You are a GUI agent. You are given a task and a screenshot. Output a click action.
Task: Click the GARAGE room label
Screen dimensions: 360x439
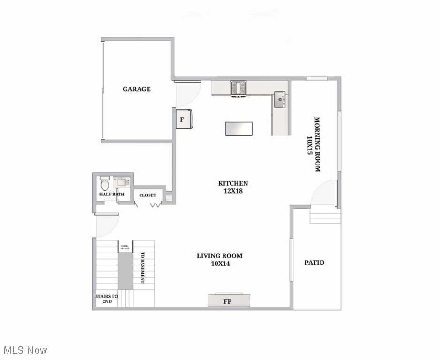[x=137, y=89]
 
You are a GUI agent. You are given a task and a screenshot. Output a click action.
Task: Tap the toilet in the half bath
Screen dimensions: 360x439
[x=104, y=181]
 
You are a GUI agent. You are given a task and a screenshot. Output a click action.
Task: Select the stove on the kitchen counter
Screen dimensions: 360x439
[x=238, y=88]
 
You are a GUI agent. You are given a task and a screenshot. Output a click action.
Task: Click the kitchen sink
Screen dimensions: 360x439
[x=280, y=99]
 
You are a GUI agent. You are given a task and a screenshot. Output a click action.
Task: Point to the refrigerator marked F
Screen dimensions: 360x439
[x=183, y=119]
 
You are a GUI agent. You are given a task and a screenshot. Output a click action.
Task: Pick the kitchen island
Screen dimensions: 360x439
[x=238, y=128]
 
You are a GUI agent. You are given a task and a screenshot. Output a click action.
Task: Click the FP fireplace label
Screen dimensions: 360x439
[x=229, y=301]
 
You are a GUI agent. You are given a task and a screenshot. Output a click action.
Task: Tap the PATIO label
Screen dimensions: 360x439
[x=314, y=262]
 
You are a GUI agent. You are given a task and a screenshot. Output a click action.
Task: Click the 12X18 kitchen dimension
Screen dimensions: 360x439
[x=233, y=191]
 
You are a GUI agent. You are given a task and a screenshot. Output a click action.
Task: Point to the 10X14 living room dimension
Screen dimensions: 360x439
[x=220, y=263]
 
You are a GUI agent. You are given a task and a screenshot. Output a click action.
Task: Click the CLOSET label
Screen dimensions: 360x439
[x=148, y=195]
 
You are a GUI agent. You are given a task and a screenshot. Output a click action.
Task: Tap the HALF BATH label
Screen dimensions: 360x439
[x=112, y=194]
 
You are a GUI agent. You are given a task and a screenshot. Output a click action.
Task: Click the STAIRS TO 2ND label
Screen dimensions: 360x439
[x=106, y=299]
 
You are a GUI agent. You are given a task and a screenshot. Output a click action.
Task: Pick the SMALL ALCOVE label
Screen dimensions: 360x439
[x=125, y=247]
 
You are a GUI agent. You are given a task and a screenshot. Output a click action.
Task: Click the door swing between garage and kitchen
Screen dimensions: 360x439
[x=188, y=94]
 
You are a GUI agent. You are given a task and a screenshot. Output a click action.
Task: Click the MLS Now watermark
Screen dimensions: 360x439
[x=25, y=350]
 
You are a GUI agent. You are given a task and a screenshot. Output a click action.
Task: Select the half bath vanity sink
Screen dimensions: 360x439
[x=122, y=181]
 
